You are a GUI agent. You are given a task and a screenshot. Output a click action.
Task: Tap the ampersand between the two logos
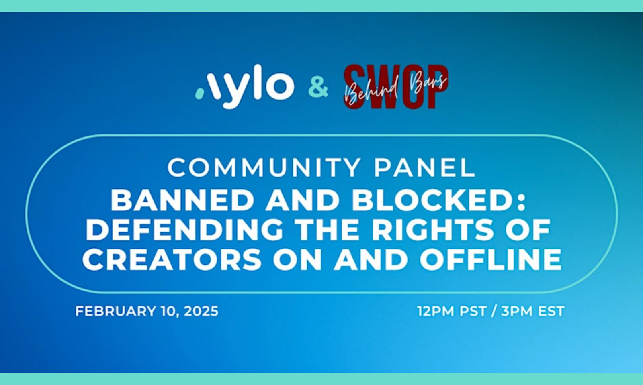318,87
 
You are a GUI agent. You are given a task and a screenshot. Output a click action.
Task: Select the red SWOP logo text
396,87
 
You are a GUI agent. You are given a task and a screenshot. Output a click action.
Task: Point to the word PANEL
425,168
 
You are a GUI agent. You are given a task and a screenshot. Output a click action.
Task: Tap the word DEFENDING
185,230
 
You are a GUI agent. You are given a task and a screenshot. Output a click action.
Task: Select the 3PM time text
517,311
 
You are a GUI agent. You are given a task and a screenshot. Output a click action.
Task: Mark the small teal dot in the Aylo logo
199,93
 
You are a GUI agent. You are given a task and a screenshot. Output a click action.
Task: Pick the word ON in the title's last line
298,259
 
